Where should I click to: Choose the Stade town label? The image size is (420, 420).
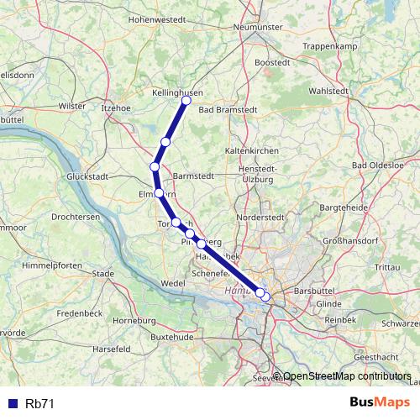(x=103, y=273)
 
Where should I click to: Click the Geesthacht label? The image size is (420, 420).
(x=387, y=356)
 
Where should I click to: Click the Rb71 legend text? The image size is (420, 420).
(x=40, y=403)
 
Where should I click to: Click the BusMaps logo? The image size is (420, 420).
(x=378, y=402)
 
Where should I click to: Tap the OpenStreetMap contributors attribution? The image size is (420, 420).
(x=346, y=376)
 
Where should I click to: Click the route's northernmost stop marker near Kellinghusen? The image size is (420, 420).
(x=186, y=101)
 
